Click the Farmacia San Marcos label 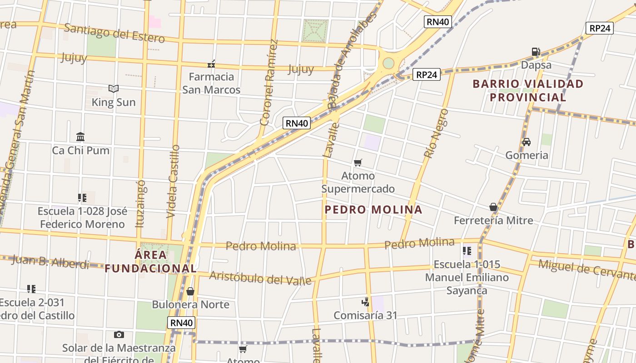[x=211, y=83]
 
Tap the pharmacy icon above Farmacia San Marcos [x=211, y=64]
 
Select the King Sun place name [x=114, y=102]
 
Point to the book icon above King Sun [x=114, y=88]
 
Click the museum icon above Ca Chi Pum [x=81, y=137]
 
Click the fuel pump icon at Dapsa [x=536, y=52]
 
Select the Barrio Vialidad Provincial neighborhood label [x=528, y=90]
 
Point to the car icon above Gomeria [x=527, y=142]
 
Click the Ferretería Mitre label [x=493, y=221]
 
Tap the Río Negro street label [x=436, y=133]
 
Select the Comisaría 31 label [x=365, y=315]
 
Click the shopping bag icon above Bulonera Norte [x=190, y=291]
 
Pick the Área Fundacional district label [x=151, y=261]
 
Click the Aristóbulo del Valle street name [x=260, y=278]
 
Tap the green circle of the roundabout [x=388, y=63]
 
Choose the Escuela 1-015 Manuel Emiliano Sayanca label [x=467, y=277]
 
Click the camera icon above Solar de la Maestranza [x=119, y=335]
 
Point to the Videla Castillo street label [x=174, y=181]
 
